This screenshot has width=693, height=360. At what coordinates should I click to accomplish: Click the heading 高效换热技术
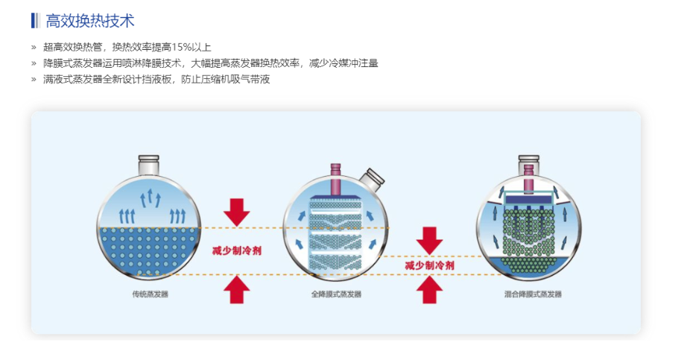point(90,21)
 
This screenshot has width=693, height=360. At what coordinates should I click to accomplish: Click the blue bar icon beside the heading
point(34,21)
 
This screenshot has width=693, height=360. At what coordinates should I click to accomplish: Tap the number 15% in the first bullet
point(171,47)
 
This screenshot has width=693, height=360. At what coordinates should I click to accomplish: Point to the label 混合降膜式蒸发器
point(533,294)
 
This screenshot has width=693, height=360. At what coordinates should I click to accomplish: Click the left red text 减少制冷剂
point(236,250)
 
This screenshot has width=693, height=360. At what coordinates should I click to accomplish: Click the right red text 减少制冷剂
point(430,265)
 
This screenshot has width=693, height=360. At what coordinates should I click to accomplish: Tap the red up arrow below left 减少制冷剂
point(236,288)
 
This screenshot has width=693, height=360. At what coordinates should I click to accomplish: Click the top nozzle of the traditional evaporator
point(149,163)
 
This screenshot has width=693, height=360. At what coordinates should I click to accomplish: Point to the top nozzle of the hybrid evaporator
point(529,161)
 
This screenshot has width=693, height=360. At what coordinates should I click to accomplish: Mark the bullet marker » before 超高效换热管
point(34,47)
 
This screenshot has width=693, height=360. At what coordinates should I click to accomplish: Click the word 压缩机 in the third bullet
point(221,79)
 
